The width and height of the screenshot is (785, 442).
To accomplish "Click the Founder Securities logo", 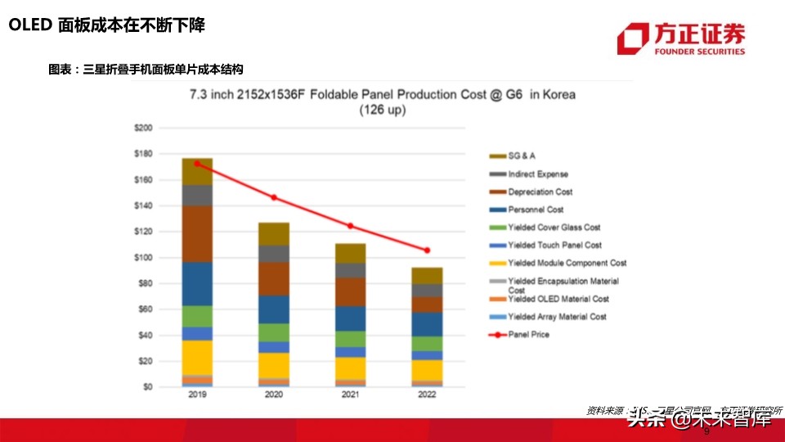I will tap(681, 38).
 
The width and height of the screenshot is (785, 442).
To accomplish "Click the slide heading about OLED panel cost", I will tap(106, 25).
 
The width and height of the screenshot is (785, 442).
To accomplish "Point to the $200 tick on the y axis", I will tap(142, 129).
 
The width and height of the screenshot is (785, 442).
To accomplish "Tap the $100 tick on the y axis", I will tap(142, 258).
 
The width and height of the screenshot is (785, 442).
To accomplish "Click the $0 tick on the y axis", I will tap(147, 386).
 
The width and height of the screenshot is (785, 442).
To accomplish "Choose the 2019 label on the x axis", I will tap(197, 395).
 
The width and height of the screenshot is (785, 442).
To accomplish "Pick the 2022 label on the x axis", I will tap(427, 395).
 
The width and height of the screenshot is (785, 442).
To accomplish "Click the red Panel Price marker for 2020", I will tap(274, 197).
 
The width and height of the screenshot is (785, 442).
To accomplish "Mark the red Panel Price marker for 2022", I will tap(427, 250).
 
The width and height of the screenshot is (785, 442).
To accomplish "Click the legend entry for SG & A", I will tap(522, 156).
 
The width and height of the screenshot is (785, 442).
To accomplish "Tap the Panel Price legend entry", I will tap(528, 334).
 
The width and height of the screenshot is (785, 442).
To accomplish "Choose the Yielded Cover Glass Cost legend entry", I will tap(554, 228).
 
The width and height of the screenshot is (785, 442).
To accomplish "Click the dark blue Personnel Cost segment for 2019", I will tap(197, 283).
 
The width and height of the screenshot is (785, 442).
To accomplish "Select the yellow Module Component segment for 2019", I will tap(197, 357).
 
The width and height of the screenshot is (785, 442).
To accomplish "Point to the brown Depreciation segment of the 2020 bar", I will tap(274, 278).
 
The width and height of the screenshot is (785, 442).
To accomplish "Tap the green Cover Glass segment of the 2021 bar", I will tap(350, 338).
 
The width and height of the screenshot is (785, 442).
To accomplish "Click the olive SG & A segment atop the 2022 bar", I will tap(427, 275).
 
